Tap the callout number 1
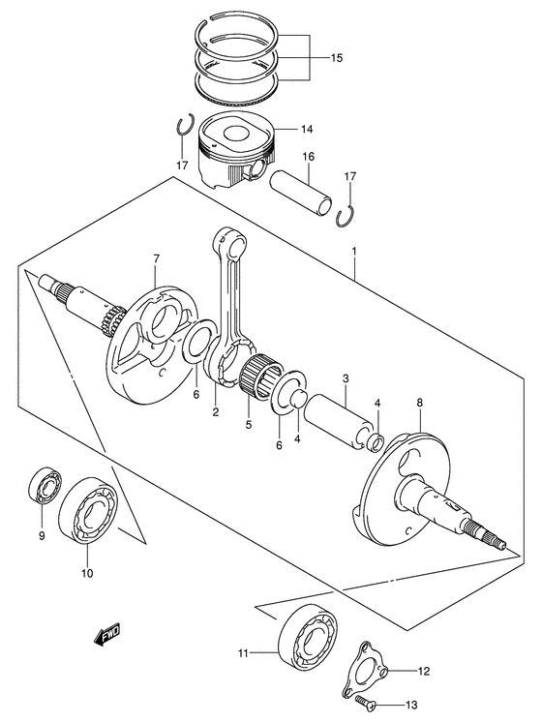355,252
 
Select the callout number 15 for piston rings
336,58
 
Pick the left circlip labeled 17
183,128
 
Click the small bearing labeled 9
42,485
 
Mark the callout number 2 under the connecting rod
216,411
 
